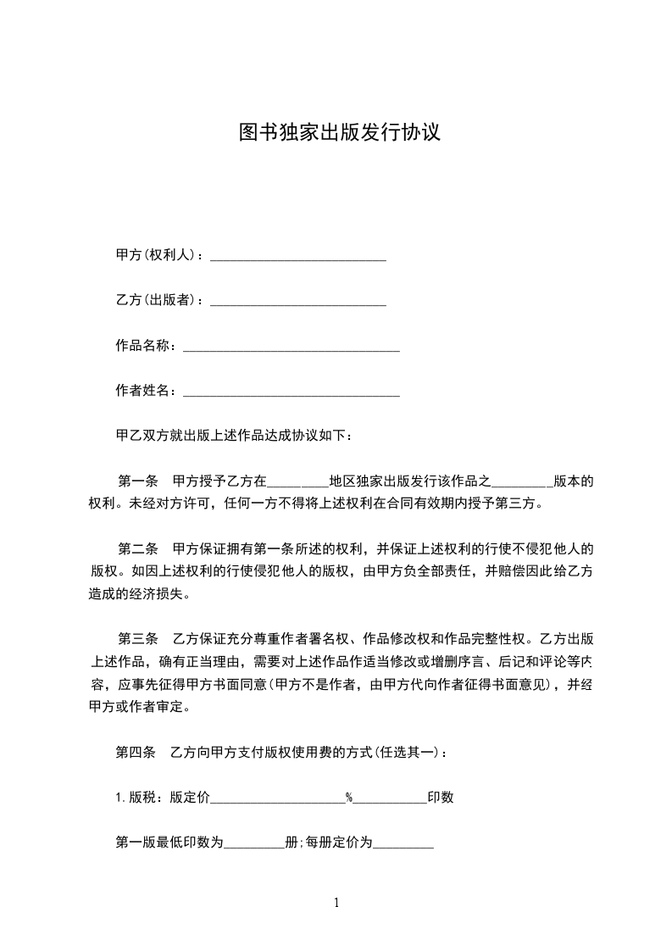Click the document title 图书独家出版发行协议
339,133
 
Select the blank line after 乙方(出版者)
297,302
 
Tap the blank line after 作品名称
291,347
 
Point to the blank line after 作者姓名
291,392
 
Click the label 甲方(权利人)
158,255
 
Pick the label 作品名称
145,345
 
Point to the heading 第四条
136,751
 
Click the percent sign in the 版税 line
348,797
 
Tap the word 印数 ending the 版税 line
441,797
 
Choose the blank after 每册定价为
403,845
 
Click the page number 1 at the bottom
336,903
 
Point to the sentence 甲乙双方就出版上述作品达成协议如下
239,436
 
